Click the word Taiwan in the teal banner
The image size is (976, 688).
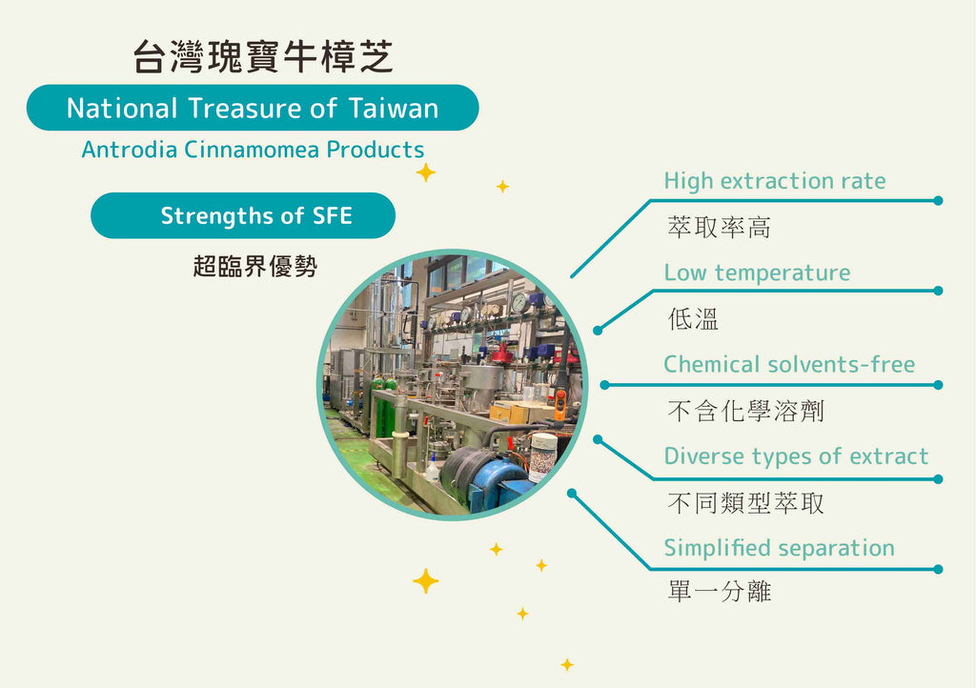coord(393,109)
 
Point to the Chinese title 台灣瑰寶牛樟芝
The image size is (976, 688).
coord(262,57)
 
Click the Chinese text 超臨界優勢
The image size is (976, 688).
coord(254,267)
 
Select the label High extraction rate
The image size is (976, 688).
coord(774,181)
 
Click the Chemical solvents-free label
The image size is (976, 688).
coord(788,365)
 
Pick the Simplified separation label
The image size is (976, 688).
coord(779,549)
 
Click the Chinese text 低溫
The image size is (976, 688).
coord(693,319)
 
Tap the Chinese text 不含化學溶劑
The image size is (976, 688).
coord(744,411)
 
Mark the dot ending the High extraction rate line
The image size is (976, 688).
coord(938,201)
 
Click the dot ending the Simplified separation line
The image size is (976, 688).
coord(938,569)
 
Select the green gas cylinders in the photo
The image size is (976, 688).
coord(383,410)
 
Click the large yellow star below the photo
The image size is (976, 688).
coord(425,580)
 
